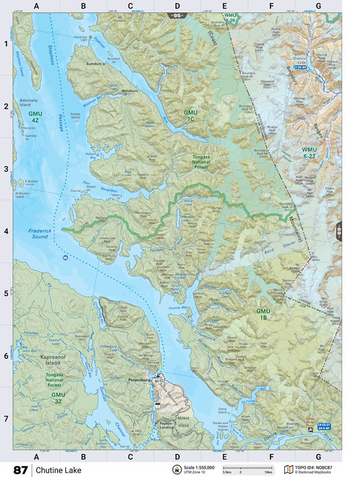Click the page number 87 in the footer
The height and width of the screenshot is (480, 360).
20,470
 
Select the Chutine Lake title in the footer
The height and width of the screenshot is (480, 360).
59,470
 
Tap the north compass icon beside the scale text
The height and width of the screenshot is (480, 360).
176,470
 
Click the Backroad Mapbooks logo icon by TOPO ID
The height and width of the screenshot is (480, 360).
288,469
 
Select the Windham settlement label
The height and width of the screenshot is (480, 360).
130,91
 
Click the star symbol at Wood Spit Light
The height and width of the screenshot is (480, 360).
90,37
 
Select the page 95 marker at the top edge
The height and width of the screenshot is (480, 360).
176,15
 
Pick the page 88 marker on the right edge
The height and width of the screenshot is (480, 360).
339,232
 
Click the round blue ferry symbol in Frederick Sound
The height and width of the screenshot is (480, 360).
65,258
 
